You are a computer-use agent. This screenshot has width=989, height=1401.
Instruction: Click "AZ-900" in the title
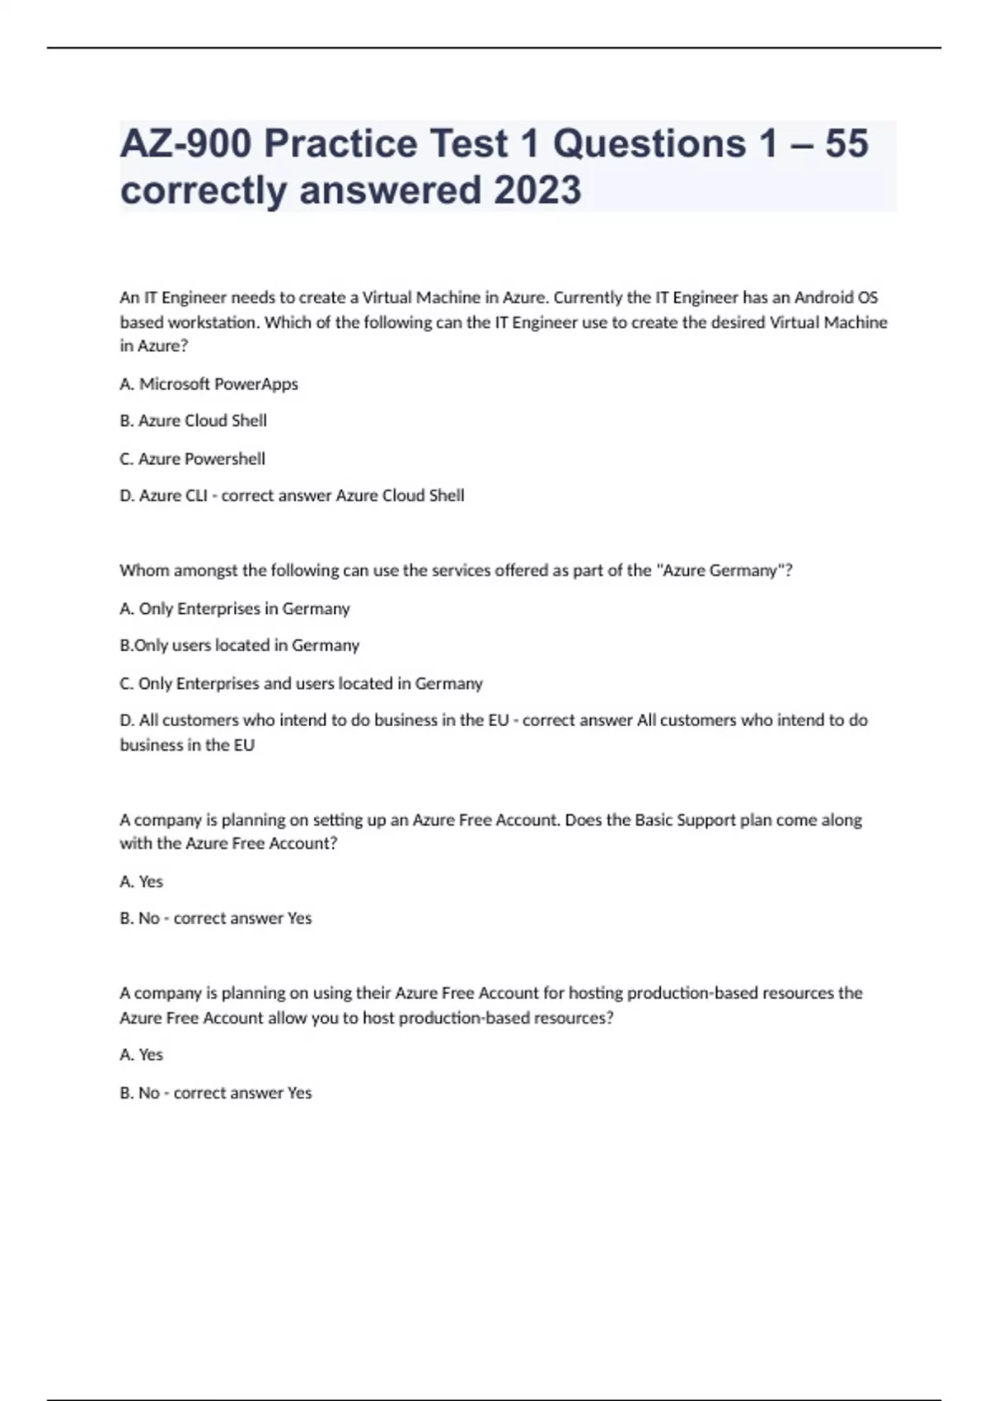pos(185,144)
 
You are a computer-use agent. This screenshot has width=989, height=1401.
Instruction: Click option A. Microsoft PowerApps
pos(209,384)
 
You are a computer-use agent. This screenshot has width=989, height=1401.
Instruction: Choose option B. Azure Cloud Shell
pos(193,421)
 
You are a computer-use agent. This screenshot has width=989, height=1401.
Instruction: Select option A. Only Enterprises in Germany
pos(235,609)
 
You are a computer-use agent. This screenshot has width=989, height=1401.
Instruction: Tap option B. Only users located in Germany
pos(239,645)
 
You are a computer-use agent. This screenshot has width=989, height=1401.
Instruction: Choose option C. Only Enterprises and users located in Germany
pos(301,683)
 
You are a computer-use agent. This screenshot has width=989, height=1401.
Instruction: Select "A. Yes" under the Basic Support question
pos(141,882)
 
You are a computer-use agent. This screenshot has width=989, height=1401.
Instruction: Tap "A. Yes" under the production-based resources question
pos(141,1055)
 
